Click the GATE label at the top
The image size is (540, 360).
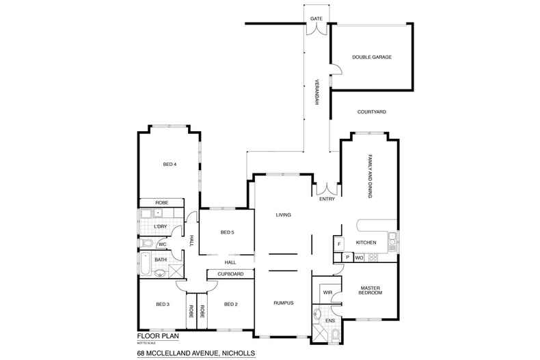316,18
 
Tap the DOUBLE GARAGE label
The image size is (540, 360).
372,57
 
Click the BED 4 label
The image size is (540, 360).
170,164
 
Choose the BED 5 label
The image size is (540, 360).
227,233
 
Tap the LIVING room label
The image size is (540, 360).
283,215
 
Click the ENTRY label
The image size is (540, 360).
326,199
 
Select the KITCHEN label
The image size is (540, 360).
366,243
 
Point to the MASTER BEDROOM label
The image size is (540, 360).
370,290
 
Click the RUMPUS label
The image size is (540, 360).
283,303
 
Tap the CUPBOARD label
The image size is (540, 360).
230,274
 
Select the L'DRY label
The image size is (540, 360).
161,226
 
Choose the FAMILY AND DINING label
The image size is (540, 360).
370,176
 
